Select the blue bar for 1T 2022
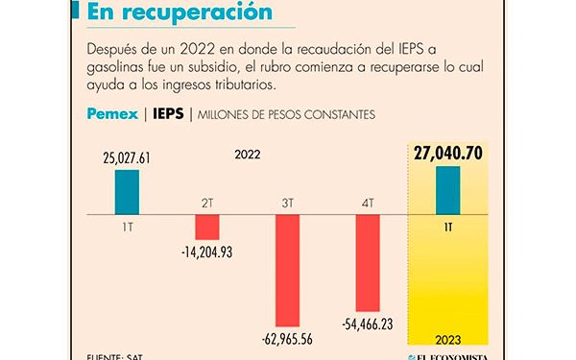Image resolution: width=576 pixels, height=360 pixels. (x=126, y=192)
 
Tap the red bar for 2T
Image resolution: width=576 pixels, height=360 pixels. (x=207, y=227)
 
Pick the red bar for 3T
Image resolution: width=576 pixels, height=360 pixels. (x=289, y=270)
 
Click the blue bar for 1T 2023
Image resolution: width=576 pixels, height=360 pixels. (x=447, y=191)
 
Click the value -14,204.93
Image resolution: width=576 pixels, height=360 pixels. (x=208, y=253)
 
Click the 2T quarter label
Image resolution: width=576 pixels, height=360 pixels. (x=207, y=204)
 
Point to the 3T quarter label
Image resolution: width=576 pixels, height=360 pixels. (x=289, y=204)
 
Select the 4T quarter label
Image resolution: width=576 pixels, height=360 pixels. (x=370, y=204)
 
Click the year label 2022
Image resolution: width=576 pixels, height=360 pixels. (x=247, y=153)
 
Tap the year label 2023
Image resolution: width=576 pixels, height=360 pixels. (x=448, y=338)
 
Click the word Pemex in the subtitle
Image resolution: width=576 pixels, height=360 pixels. (x=112, y=114)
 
